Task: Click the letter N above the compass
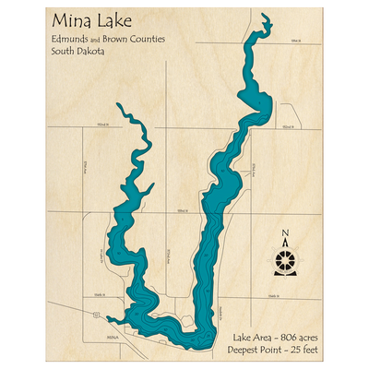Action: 286,233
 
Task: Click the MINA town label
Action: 113,339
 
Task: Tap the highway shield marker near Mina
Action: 95,315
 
